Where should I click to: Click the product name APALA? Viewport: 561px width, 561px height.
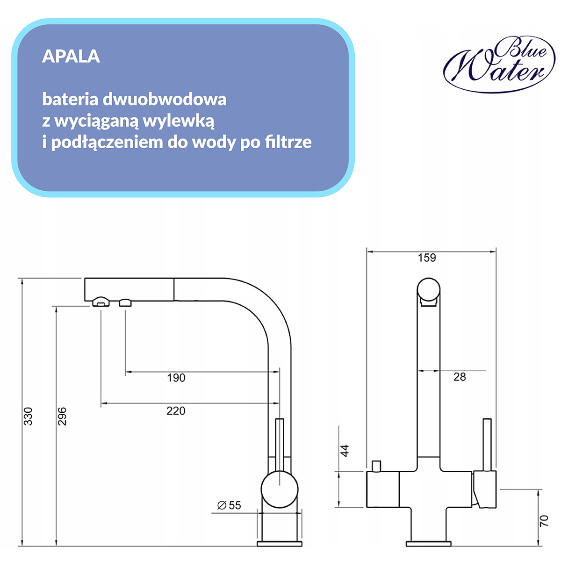(71, 57)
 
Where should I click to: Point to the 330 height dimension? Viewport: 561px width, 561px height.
(29, 416)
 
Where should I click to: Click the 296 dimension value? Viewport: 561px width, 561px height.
(62, 416)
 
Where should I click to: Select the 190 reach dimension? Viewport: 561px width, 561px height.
(176, 378)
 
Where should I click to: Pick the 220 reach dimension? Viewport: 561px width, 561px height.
(176, 411)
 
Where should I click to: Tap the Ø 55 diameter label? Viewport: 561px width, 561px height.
(229, 505)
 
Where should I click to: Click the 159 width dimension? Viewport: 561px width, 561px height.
(427, 258)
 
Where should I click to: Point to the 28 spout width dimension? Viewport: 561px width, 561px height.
(460, 377)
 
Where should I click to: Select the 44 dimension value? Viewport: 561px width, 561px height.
(345, 451)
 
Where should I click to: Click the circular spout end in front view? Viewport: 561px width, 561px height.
(429, 289)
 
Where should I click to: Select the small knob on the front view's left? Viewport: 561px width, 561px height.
(376, 466)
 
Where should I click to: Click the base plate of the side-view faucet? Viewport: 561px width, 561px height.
(280, 544)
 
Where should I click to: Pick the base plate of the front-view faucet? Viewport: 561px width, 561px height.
(428, 544)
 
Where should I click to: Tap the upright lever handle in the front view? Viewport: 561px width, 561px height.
(487, 444)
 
